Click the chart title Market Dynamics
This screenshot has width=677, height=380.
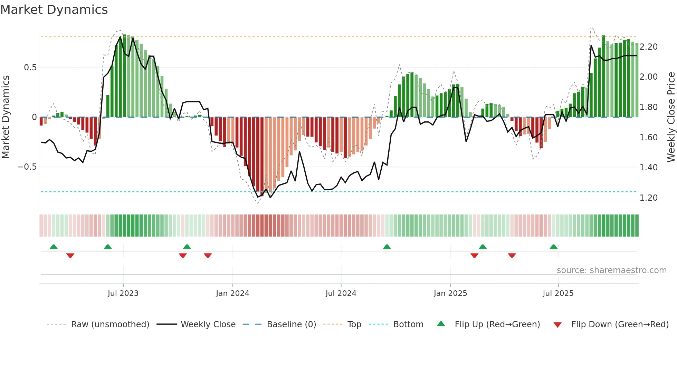click(54, 10)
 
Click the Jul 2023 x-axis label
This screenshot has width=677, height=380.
click(123, 293)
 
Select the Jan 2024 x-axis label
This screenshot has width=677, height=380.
click(232, 293)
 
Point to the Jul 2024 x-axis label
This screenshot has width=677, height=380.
click(341, 293)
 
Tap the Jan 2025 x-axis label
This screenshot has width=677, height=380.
click(450, 293)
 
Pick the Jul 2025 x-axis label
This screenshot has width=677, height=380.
click(558, 293)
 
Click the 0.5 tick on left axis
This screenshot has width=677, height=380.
click(30, 68)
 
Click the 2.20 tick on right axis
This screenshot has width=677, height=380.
click(649, 47)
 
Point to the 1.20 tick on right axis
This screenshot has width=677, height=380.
click(649, 198)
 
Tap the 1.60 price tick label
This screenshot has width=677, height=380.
click(649, 138)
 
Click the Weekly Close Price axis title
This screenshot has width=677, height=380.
click(671, 117)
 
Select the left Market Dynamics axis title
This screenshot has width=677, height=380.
click(6, 117)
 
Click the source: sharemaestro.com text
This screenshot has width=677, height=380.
click(612, 270)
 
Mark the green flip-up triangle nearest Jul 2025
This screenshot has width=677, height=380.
click(554, 247)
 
